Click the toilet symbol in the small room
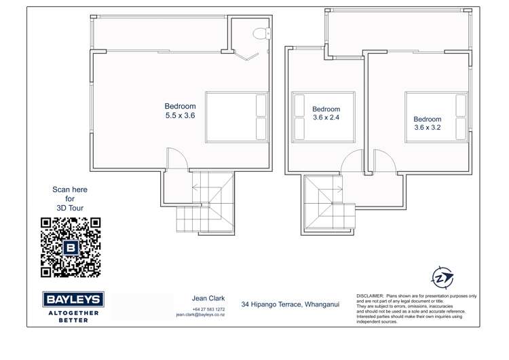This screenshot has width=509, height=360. click(260, 33)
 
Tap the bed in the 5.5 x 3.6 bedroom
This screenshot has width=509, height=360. click(236, 117)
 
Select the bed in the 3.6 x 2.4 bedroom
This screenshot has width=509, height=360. click(323, 117)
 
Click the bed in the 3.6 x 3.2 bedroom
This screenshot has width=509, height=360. click(437, 116)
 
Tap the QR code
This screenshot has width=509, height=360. click(71, 247)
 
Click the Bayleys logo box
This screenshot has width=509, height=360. click(73, 300)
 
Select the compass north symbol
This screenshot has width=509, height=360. click(442, 277)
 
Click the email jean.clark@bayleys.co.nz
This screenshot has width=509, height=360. click(200, 315)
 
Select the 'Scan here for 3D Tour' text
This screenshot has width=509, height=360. click(70, 198)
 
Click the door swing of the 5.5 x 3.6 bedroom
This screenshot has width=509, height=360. click(176, 160)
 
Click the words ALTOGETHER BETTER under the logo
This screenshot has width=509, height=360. click(73, 317)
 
